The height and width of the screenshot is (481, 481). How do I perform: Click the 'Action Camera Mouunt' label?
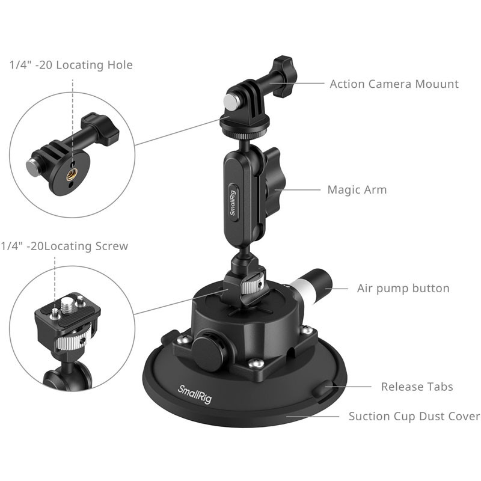coord(394,84)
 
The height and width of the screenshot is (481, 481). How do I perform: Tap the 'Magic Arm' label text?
coord(357,189)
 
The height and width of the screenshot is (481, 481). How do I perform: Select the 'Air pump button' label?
coord(403,289)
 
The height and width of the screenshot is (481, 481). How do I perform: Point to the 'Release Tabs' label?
coord(417,387)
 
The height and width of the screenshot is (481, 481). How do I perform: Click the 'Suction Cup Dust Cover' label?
coord(414,416)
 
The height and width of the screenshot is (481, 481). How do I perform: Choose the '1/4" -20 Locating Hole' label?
coord(71,65)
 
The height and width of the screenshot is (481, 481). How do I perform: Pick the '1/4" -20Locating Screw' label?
coord(64,246)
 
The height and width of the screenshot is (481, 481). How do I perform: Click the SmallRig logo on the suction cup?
coord(195,394)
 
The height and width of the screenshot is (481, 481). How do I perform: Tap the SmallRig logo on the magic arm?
coord(233,203)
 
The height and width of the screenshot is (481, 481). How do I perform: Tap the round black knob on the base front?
coord(209,350)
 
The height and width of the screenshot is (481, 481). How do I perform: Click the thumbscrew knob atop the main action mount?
coord(284,77)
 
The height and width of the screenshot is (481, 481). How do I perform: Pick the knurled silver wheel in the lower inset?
coord(71,343)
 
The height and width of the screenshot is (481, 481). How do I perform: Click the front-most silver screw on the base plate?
coord(256,364)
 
